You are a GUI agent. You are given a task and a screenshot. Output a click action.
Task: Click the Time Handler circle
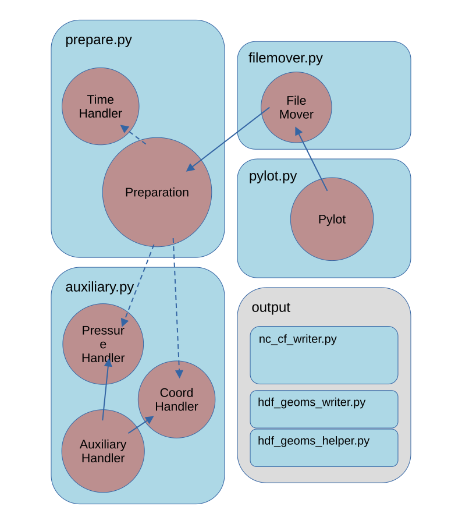100,106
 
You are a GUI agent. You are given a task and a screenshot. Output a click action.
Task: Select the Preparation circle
157,192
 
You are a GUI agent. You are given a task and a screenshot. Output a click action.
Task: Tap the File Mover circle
296,107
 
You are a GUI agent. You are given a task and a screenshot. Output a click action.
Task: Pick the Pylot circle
332,219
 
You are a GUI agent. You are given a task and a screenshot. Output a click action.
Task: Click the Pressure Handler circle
103,344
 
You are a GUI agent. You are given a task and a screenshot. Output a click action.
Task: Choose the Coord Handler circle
176,399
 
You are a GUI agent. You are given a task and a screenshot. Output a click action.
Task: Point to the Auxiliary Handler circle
103,451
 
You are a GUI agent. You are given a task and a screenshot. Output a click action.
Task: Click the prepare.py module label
98,40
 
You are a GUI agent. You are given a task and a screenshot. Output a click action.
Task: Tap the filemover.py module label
285,58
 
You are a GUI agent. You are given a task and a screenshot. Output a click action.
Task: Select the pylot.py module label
272,176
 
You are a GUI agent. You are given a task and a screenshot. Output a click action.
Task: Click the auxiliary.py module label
99,286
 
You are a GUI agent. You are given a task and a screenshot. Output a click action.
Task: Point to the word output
271,307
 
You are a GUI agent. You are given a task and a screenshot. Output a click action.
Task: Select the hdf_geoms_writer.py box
324,409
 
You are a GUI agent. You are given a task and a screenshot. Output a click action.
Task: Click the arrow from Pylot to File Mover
312,160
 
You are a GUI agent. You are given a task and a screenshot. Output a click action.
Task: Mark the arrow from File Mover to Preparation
228,139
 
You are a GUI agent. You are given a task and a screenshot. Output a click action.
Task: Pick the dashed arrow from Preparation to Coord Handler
176,309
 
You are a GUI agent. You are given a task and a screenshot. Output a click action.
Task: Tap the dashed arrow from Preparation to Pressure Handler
139,284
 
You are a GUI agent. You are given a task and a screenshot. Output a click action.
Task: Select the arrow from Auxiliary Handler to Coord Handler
141,425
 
